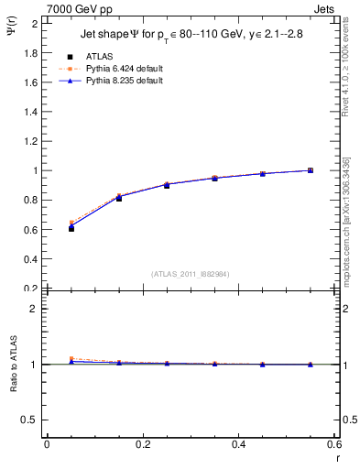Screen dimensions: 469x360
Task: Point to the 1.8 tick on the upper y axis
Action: click(30, 53)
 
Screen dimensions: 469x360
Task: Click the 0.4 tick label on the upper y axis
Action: click(30, 259)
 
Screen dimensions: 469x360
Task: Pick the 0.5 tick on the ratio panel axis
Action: click(30, 420)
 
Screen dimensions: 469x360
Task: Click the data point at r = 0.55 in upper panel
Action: click(311, 170)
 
